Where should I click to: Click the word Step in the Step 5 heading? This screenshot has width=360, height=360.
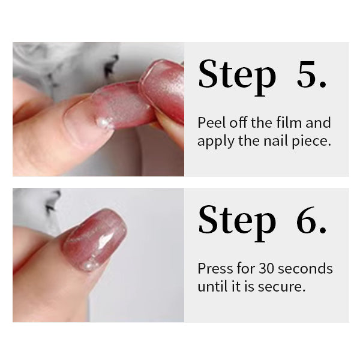pyautogui.click(x=237, y=75)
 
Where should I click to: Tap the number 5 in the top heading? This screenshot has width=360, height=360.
pyautogui.click(x=311, y=75)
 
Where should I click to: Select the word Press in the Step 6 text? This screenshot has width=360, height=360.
pyautogui.click(x=213, y=268)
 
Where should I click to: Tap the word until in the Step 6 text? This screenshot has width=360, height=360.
pyautogui.click(x=211, y=286)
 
